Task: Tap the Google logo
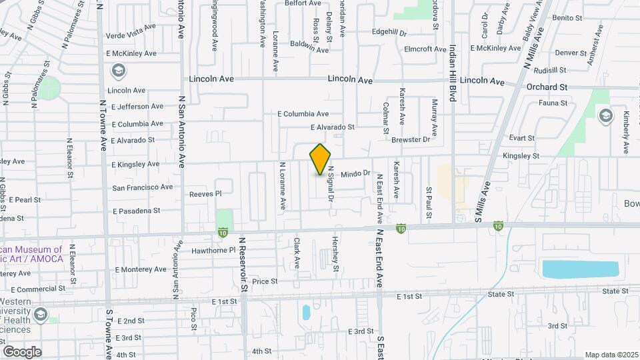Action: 22,351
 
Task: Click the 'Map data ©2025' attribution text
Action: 611,355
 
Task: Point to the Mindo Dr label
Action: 355,173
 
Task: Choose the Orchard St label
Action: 546,87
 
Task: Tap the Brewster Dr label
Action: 411,139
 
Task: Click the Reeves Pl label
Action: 205,193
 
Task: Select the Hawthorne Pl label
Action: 215,251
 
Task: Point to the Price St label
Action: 265,281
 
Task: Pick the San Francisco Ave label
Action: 143,187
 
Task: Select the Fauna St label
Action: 553,103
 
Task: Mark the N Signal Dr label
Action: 330,186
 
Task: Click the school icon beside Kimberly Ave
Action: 605,115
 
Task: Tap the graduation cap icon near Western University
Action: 41,313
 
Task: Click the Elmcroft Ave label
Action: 425,49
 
